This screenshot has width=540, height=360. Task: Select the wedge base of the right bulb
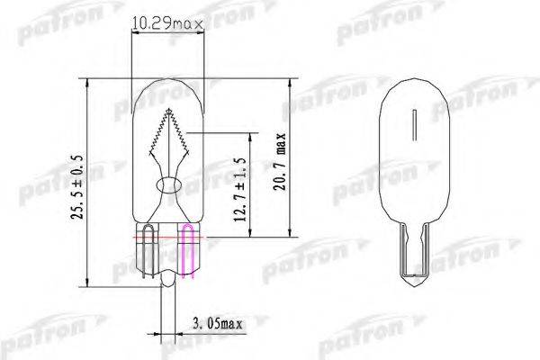[416, 252]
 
